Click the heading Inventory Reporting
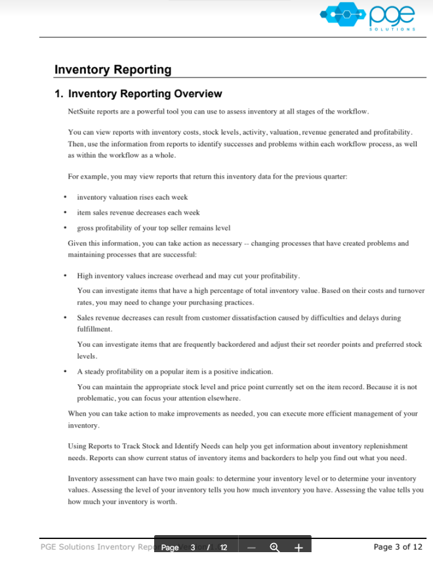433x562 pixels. [x=112, y=70]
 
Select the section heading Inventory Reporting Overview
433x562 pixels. [x=145, y=94]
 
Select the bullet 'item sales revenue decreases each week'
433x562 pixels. [x=138, y=213]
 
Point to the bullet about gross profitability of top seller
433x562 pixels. [x=154, y=228]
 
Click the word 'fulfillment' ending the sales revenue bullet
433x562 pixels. [x=95, y=328]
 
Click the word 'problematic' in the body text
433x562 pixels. [x=96, y=399]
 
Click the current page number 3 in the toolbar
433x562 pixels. [x=193, y=547]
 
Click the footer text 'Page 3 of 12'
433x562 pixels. [x=398, y=546]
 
